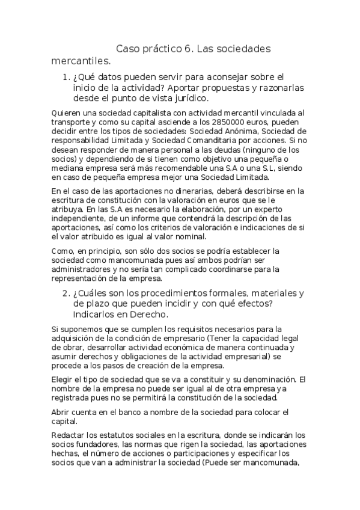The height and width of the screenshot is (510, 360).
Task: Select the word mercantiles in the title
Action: point(81,61)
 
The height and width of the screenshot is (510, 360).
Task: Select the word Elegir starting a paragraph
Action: point(63,379)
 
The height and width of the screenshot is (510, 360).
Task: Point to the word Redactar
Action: point(70,435)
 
